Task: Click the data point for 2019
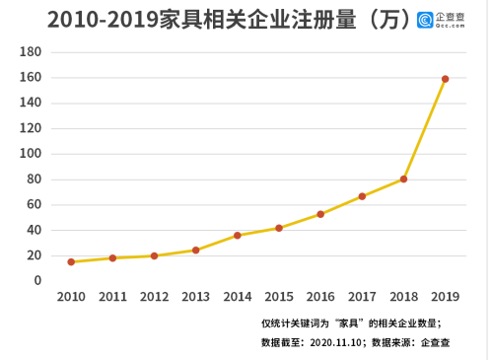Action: (x=446, y=79)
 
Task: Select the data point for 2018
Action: (x=404, y=180)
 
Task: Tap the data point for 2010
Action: (x=71, y=262)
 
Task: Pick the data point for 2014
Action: (x=238, y=236)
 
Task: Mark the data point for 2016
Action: (x=320, y=214)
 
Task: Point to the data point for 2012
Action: (x=154, y=255)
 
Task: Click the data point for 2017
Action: (x=362, y=196)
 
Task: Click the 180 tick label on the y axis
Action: (x=31, y=52)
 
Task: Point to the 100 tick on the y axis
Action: (x=31, y=154)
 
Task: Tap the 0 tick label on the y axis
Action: (x=37, y=281)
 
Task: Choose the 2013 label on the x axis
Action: (x=195, y=297)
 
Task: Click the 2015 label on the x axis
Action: (x=279, y=297)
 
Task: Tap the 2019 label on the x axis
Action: (x=446, y=297)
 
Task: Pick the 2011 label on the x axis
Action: (x=112, y=297)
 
